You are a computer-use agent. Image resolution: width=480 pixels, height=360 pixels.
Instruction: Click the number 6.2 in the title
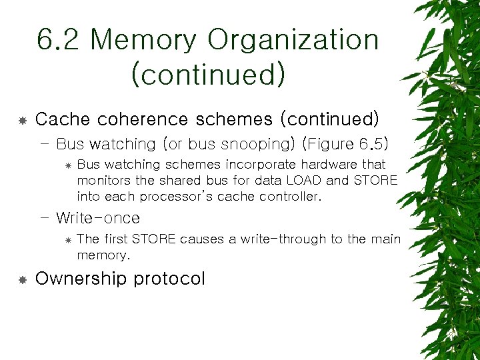coord(59,41)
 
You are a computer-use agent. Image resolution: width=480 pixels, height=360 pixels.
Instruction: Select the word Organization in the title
coord(293,41)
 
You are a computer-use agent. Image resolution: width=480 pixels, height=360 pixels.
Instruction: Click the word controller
coord(287,197)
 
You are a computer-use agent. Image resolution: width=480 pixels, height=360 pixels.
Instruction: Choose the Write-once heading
coord(98,218)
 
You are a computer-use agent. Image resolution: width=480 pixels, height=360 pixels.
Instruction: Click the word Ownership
coord(81,279)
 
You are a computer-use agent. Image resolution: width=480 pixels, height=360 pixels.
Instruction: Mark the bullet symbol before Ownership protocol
coord(22,279)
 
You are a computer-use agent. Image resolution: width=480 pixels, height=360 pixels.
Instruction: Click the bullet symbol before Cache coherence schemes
coord(22,120)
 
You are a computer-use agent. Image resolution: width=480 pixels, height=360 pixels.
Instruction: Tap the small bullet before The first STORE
coord(68,240)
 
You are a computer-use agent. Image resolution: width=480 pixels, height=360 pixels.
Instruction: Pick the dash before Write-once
coord(45,218)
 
